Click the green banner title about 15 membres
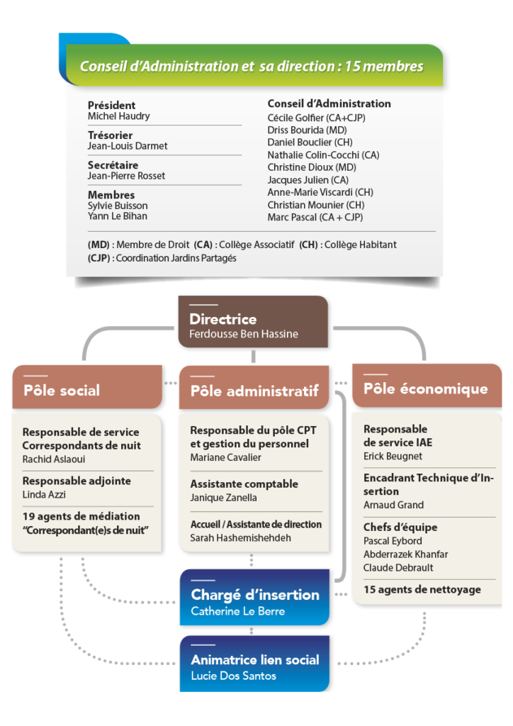click(x=252, y=67)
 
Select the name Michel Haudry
click(x=118, y=116)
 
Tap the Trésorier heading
click(x=110, y=135)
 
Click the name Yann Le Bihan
click(x=118, y=216)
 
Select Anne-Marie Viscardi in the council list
click(x=320, y=192)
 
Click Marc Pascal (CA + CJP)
click(x=315, y=218)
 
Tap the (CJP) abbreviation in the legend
click(x=98, y=258)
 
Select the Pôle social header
click(x=62, y=390)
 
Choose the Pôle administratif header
click(x=254, y=390)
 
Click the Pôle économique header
click(x=425, y=389)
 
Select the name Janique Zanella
click(x=223, y=498)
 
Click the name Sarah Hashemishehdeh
click(x=241, y=538)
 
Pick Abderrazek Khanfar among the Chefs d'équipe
click(x=405, y=554)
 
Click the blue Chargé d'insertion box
click(x=254, y=601)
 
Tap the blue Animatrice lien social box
click(x=254, y=666)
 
